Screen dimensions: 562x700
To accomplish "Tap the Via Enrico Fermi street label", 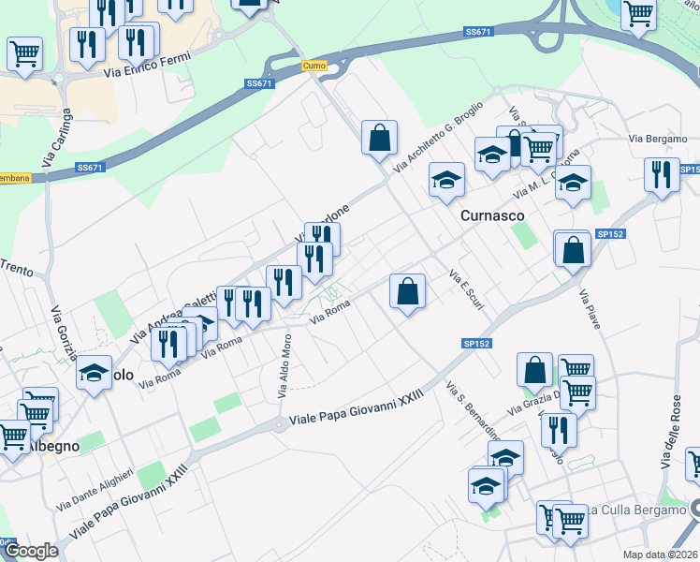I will pyautogui.click(x=147, y=65).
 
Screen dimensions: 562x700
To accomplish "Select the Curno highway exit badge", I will pyautogui.click(x=313, y=66).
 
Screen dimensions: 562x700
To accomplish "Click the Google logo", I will pyautogui.click(x=30, y=551).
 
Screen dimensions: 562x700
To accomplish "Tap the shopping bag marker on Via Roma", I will pyautogui.click(x=408, y=292).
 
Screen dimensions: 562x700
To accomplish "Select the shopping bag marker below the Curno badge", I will pyautogui.click(x=380, y=139).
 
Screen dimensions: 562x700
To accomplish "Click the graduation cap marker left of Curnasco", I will pyautogui.click(x=447, y=180).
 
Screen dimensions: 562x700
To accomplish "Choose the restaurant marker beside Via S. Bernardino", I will pyautogui.click(x=559, y=429).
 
